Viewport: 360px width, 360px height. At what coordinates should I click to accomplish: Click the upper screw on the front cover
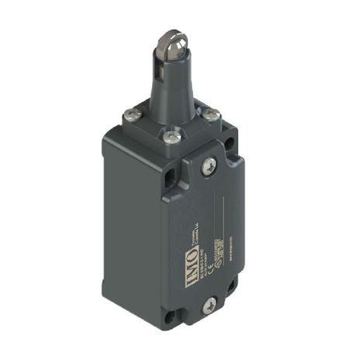(208, 164)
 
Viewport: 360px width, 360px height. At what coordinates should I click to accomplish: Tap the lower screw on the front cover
(208, 308)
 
